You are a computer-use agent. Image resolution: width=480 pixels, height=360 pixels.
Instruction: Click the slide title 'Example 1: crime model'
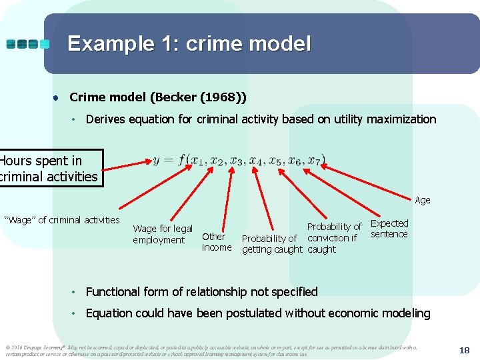tap(189, 44)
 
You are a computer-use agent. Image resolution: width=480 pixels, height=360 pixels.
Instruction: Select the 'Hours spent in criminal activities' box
tap(49, 169)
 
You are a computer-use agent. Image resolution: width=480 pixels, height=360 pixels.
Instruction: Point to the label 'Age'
tap(423, 200)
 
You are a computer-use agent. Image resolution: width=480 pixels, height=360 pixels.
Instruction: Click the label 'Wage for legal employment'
tap(163, 234)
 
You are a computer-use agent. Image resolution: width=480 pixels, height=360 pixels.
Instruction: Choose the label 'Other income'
tap(216, 242)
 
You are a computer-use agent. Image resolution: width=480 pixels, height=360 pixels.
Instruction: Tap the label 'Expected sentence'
tap(389, 229)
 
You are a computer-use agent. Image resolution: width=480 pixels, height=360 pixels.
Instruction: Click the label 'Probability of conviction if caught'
tap(333, 238)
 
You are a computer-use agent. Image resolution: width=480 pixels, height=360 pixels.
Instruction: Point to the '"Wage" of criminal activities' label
tap(62, 220)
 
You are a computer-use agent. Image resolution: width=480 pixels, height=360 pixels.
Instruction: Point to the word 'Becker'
tap(173, 97)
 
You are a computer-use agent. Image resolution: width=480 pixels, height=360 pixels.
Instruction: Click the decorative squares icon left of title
tap(28, 44)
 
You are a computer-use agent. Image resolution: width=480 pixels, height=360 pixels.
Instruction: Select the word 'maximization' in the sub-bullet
tap(404, 120)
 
